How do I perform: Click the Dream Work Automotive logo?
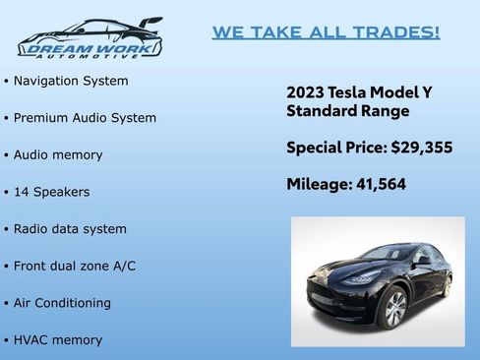90,37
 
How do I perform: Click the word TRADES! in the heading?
400,32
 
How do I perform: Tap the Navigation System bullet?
71,81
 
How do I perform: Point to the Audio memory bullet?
58,155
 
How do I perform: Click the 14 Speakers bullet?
51,192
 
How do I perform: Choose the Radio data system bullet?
70,229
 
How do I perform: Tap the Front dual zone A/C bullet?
75,267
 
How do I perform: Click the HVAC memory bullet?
58,340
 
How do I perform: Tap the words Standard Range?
347,111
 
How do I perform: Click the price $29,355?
421,148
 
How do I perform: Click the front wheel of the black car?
392,309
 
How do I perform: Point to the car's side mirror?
421,261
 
